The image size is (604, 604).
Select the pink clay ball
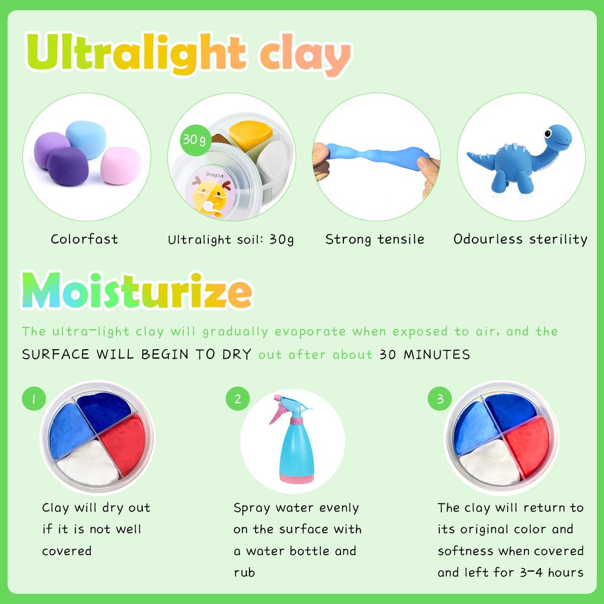tap(120, 165)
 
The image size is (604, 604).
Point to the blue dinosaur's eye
tap(548, 134)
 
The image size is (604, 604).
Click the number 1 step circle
tap(34, 399)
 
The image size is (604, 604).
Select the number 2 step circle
tap(238, 399)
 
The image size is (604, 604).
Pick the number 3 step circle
tap(440, 399)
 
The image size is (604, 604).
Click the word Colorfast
tap(84, 239)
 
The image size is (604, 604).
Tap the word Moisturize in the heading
tap(137, 291)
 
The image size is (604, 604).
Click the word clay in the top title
tap(304, 54)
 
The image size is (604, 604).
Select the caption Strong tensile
tap(375, 239)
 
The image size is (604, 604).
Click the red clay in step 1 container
tap(123, 444)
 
